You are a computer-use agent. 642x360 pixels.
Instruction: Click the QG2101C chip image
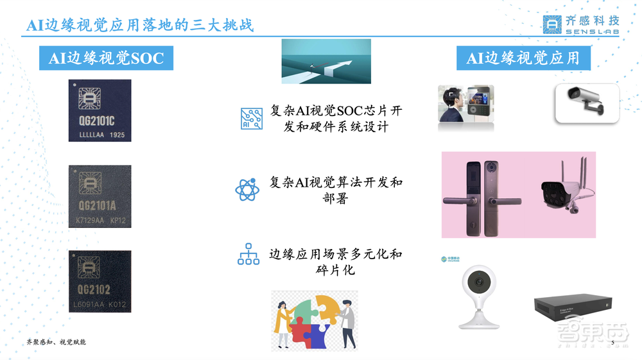pos(100,110)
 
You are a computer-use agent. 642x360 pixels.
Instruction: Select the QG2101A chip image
pos(100,196)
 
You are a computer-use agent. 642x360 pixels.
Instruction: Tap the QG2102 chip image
pos(100,282)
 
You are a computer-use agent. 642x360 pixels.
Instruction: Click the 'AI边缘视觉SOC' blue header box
pos(107,58)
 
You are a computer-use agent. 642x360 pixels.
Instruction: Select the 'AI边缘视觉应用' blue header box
pos(523,58)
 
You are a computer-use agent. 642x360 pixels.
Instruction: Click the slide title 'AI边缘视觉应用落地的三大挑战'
pos(140,26)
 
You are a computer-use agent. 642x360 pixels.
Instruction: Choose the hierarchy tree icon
pos(248,255)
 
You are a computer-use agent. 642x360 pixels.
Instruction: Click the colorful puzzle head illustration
pos(314,320)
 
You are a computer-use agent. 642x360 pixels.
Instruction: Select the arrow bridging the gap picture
pos(326,62)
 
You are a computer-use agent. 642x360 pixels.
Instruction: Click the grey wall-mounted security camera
pos(586,103)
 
